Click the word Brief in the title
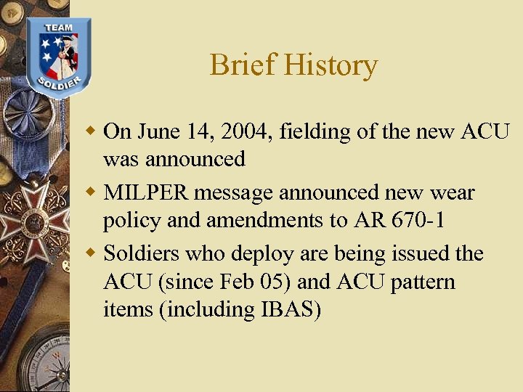tap(243, 65)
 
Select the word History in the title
tap(331, 65)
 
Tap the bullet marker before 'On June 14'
tap(91, 131)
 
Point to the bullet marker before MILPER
tap(91, 192)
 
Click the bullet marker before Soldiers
tap(91, 253)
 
